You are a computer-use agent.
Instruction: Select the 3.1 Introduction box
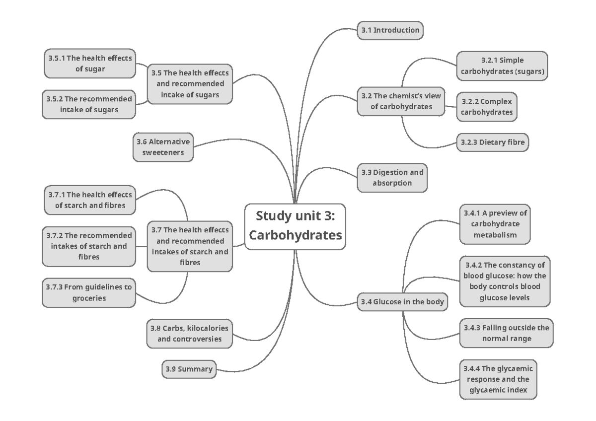pyautogui.click(x=390, y=30)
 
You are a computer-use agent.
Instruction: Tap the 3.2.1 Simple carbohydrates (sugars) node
pyautogui.click(x=502, y=66)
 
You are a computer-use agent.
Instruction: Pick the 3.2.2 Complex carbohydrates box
pyautogui.click(x=487, y=106)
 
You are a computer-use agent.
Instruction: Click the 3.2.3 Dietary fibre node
pyautogui.click(x=492, y=142)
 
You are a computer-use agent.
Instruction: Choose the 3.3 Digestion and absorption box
pyautogui.click(x=392, y=178)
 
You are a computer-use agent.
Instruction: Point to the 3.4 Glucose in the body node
pyautogui.click(x=402, y=301)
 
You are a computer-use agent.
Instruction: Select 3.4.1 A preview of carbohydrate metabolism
pyautogui.click(x=494, y=224)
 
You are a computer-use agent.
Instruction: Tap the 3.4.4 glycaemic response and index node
pyautogui.click(x=498, y=380)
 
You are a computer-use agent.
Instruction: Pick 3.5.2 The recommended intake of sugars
pyautogui.click(x=89, y=104)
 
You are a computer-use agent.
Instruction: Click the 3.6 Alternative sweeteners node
pyautogui.click(x=163, y=147)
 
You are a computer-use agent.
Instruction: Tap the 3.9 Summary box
pyautogui.click(x=188, y=369)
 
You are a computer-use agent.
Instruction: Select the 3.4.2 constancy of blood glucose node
pyautogui.click(x=505, y=281)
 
